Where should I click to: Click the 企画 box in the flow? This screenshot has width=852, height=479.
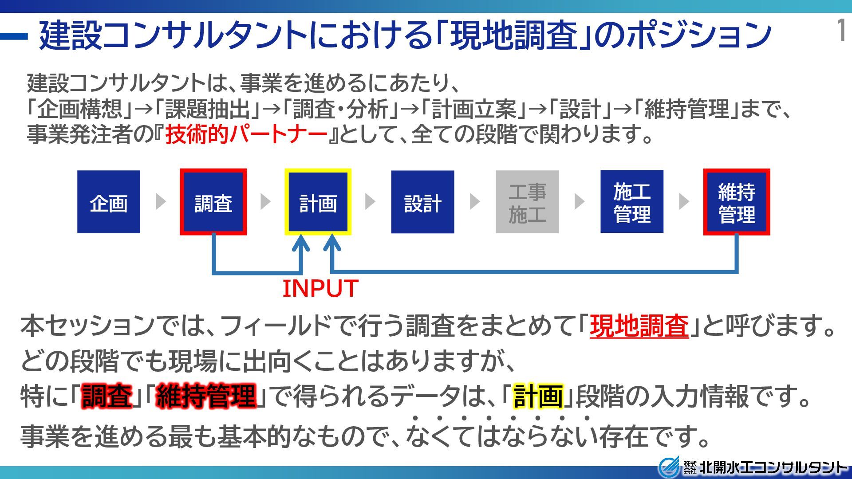pyautogui.click(x=109, y=202)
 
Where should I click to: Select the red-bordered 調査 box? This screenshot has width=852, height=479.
pyautogui.click(x=213, y=202)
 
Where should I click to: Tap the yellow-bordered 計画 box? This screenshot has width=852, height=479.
pyautogui.click(x=318, y=202)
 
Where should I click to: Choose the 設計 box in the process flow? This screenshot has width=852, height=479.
pyautogui.click(x=422, y=202)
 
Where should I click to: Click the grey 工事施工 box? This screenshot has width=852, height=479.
pyautogui.click(x=527, y=202)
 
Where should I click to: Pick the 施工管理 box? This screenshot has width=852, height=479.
pyautogui.click(x=632, y=202)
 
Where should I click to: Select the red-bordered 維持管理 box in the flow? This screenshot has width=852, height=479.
pyautogui.click(x=737, y=202)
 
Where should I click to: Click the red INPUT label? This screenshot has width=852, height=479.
pyautogui.click(x=320, y=289)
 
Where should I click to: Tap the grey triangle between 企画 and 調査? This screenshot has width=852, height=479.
pyautogui.click(x=161, y=201)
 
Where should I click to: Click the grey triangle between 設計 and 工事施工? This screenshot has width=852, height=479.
pyautogui.click(x=474, y=201)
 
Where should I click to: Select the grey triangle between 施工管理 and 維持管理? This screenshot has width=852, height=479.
pyautogui.click(x=684, y=201)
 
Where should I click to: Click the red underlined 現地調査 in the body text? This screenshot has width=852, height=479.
pyautogui.click(x=639, y=326)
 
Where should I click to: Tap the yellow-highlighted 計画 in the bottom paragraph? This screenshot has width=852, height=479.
pyautogui.click(x=538, y=396)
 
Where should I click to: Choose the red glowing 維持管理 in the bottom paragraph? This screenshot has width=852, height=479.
pyautogui.click(x=206, y=396)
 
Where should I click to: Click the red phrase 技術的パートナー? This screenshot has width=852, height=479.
pyautogui.click(x=246, y=134)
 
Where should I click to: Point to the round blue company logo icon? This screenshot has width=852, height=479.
pyautogui.click(x=668, y=467)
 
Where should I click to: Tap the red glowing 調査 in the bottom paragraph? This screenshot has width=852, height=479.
pyautogui.click(x=107, y=396)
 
